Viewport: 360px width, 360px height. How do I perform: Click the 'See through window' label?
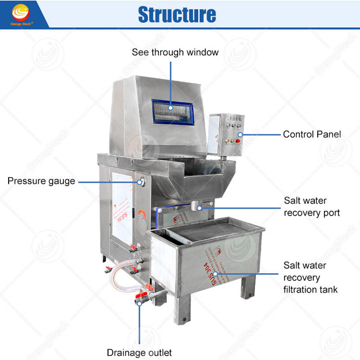[x=175, y=52]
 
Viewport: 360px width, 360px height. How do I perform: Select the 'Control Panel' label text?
[x=312, y=134]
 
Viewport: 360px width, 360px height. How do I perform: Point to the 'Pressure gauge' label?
[x=41, y=181]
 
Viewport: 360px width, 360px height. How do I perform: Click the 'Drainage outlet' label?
[x=139, y=352]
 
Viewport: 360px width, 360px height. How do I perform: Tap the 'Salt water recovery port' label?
[x=311, y=206]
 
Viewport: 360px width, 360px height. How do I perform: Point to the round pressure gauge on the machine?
[x=142, y=181]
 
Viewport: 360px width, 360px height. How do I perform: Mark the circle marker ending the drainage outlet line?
[x=139, y=304]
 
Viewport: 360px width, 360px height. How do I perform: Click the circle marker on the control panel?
[x=240, y=134]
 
